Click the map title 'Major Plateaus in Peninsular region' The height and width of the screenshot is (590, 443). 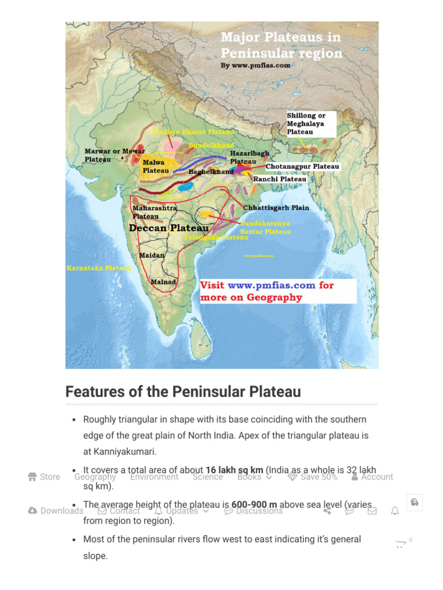click(281, 46)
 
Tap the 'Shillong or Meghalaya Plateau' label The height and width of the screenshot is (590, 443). click(306, 124)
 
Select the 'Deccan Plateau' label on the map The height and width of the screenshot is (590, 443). click(168, 228)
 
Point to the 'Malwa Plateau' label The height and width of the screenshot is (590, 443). click(156, 167)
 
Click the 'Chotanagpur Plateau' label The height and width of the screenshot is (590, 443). click(302, 167)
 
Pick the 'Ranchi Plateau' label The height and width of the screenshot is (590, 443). click(280, 179)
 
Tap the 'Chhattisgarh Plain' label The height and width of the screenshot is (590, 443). click(276, 207)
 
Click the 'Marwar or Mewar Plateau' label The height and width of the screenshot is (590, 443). click(114, 155)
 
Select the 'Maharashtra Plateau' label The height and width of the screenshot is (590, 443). click(155, 212)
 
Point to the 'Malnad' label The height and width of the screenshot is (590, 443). click(163, 282)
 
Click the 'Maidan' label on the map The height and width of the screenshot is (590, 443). click(152, 255)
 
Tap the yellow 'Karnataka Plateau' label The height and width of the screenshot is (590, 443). click(99, 268)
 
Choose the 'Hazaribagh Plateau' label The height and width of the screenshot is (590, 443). click(249, 157)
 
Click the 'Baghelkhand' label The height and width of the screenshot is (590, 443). click(211, 172)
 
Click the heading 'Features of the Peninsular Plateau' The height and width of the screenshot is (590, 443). click(183, 392)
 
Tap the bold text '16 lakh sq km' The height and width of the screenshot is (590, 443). click(234, 470)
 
